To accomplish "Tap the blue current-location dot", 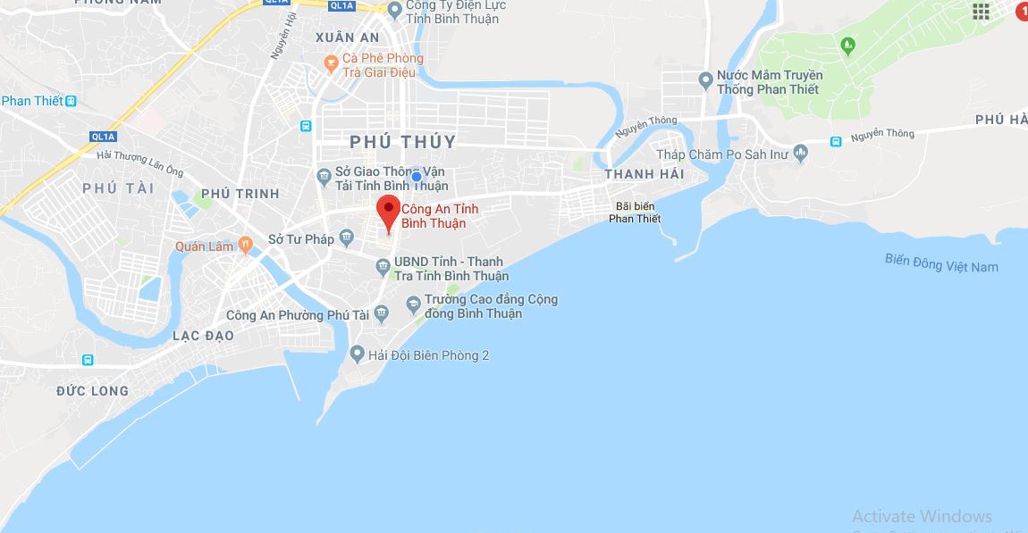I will point(417,177).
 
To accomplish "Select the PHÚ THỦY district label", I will point(402,142).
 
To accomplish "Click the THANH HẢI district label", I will point(644,174).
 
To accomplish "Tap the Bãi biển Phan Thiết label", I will point(635,212).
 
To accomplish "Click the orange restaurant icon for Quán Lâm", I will point(245,246).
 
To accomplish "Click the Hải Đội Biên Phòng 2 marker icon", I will point(358,355).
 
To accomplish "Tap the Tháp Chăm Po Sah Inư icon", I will point(799,154).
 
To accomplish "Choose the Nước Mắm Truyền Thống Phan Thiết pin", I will point(705,81).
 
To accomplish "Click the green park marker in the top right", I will point(848,44).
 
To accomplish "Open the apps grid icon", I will point(981,11).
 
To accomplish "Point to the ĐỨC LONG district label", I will point(92,390).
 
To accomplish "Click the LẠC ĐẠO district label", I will point(203,336).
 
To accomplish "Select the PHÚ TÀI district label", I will point(118,187).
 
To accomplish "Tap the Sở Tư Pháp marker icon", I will point(346,238).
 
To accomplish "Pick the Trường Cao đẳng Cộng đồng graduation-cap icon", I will point(413,304).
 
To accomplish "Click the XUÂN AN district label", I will point(348,37).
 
